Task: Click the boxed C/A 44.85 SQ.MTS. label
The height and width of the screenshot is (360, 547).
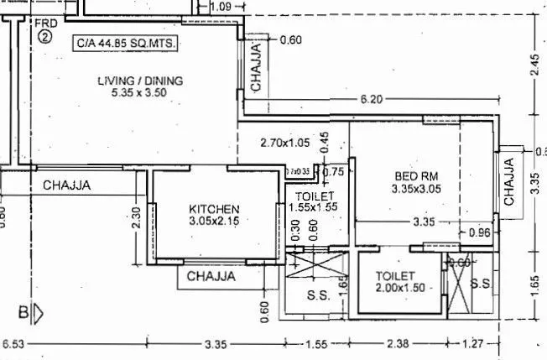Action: click(x=125, y=40)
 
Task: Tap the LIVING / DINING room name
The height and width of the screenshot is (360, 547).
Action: click(x=140, y=81)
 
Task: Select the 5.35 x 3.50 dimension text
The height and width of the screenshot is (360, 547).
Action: click(x=139, y=92)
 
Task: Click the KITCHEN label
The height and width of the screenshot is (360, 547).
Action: click(x=214, y=209)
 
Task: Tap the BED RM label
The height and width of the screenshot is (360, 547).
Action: click(x=416, y=177)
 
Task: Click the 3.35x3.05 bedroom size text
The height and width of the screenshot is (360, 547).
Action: click(x=416, y=190)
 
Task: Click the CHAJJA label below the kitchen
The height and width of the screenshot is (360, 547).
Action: click(x=211, y=276)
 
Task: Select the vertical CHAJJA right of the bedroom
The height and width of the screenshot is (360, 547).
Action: click(x=509, y=181)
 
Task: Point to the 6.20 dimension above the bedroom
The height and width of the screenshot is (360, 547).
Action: click(x=371, y=99)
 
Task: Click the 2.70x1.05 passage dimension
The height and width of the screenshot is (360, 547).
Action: click(x=284, y=143)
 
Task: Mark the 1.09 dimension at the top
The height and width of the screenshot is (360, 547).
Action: click(x=221, y=7)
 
